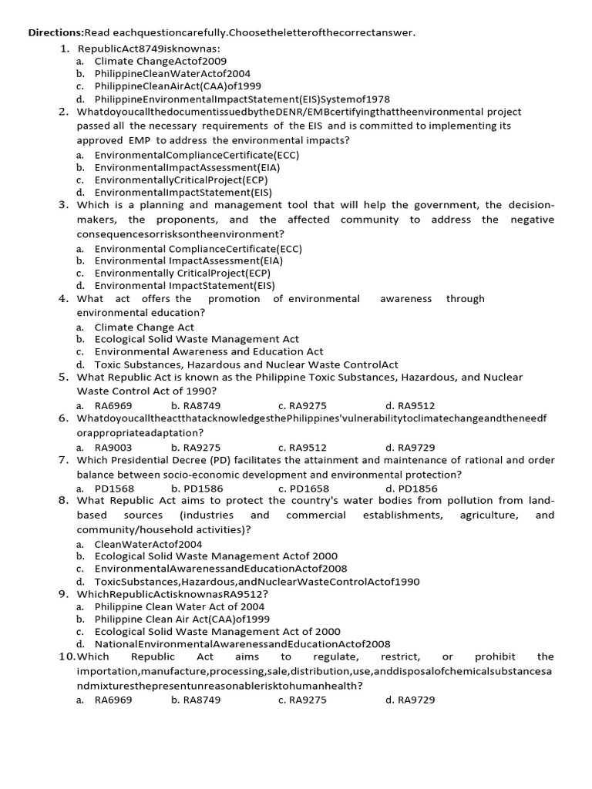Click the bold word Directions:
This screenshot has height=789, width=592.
[56, 32]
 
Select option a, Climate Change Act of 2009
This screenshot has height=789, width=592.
[160, 61]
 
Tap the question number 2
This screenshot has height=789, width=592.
[64, 112]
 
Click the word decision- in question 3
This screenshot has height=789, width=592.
[528, 205]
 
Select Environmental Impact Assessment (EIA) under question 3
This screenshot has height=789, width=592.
[188, 260]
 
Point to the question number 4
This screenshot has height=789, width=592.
[64, 299]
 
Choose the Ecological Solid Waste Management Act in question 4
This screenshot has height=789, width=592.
[197, 339]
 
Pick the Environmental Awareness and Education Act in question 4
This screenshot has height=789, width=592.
[209, 351]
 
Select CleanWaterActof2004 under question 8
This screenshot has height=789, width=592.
[148, 544]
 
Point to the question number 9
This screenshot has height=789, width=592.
[64, 594]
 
